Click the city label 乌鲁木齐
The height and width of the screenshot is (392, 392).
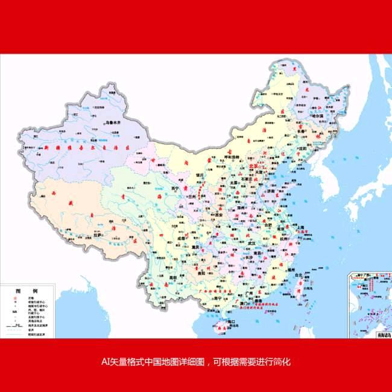coord(113,122)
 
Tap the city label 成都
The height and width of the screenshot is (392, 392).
coord(182,239)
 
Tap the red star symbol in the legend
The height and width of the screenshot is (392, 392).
coord(13,298)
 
